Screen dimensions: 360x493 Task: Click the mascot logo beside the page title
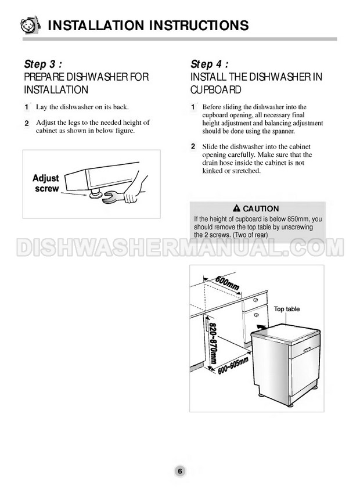[31, 25]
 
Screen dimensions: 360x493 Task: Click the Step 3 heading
[43, 64]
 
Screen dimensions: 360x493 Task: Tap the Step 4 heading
[209, 64]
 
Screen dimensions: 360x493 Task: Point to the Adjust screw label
[46, 183]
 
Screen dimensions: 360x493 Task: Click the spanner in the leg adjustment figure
[113, 197]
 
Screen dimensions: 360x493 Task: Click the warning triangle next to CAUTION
[237, 208]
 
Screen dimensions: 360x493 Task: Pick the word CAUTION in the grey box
[261, 208]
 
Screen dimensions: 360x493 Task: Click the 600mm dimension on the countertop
[227, 283]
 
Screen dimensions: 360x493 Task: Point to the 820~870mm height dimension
[213, 343]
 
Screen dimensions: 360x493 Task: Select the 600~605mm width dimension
[233, 366]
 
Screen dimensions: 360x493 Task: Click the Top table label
[287, 309]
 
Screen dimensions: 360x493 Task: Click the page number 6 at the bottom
[180, 471]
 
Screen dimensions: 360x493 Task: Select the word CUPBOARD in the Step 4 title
[215, 90]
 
